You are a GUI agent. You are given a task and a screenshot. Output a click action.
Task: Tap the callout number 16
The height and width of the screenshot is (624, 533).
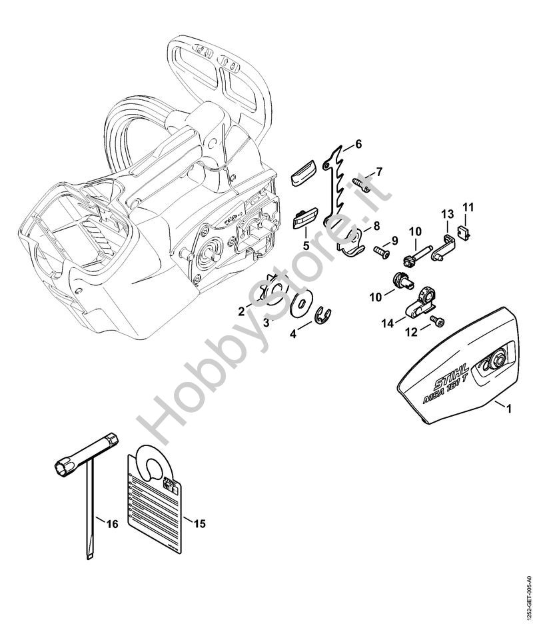click(112, 525)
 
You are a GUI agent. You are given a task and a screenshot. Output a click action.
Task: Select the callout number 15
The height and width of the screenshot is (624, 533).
click(199, 523)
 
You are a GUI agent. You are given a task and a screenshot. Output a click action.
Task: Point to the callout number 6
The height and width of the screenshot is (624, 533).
click(358, 143)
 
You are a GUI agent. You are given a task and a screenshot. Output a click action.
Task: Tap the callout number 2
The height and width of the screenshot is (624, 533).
click(241, 310)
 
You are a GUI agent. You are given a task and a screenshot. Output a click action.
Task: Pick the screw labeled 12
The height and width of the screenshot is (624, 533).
click(437, 322)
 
